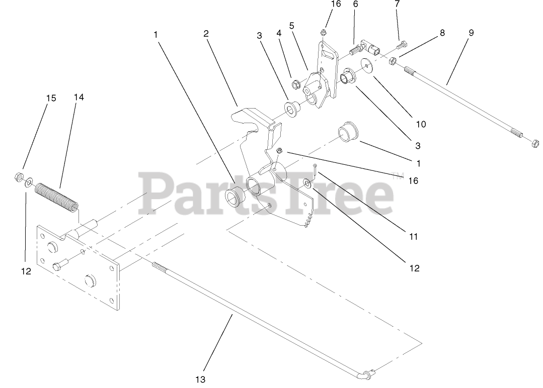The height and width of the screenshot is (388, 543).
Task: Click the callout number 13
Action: click(x=201, y=378)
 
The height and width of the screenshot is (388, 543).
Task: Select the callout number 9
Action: click(x=471, y=33)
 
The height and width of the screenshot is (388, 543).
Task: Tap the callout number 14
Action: click(x=79, y=97)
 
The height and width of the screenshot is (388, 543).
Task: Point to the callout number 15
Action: click(x=51, y=98)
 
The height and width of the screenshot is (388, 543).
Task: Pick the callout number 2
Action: click(x=206, y=34)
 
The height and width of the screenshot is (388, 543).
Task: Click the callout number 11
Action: click(x=414, y=236)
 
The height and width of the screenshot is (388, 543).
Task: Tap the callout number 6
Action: click(x=355, y=4)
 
